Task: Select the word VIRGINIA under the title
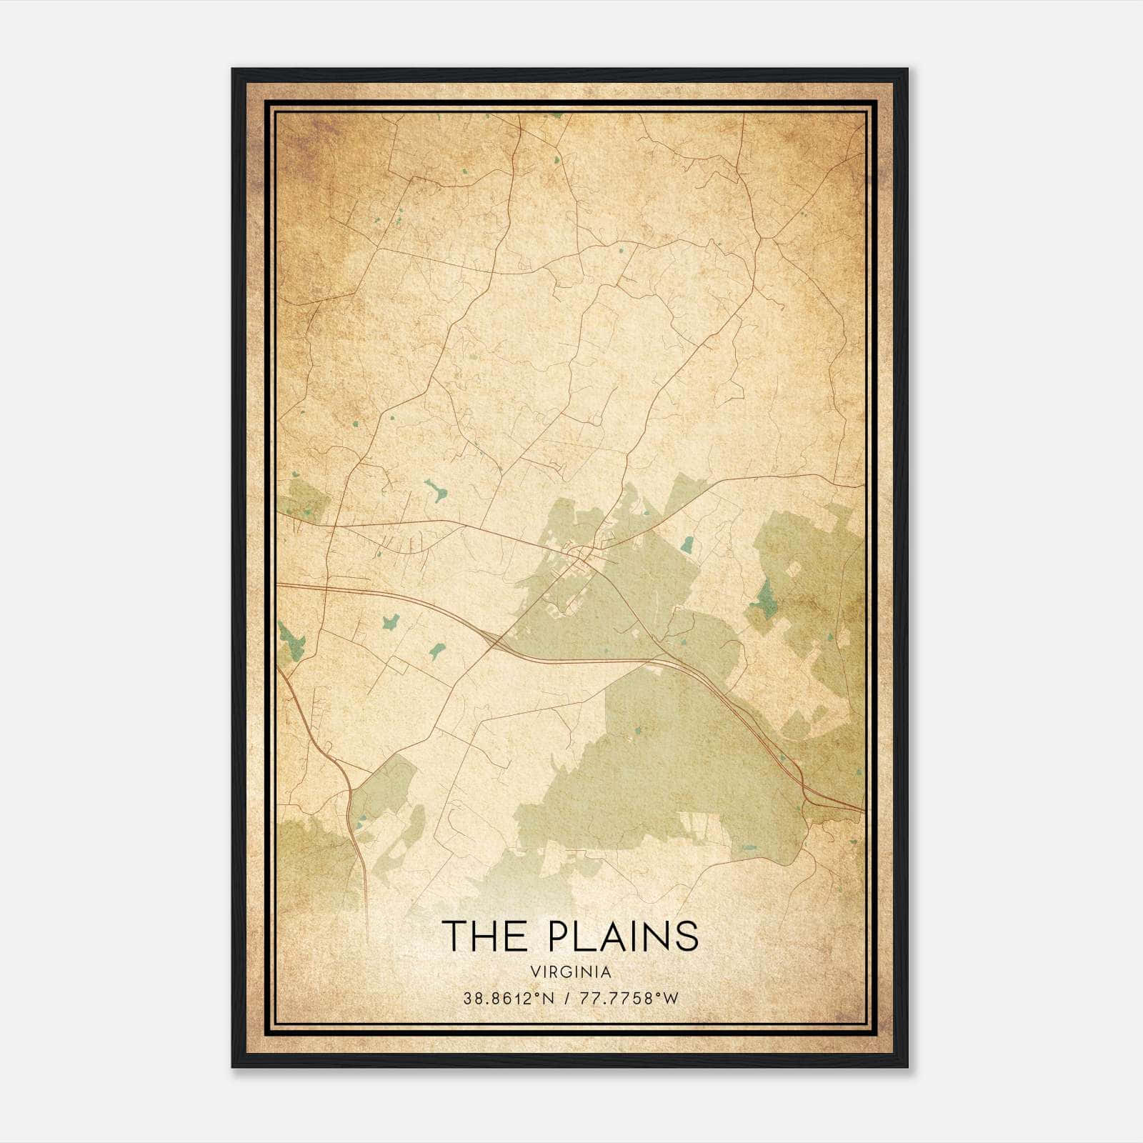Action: click(x=571, y=972)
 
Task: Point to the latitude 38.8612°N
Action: click(x=509, y=999)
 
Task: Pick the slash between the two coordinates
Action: click(x=567, y=999)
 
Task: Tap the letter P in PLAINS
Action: click(x=561, y=936)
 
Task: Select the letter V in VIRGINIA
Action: click(x=534, y=972)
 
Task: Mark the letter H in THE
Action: click(x=486, y=936)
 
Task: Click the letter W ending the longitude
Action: click(x=670, y=999)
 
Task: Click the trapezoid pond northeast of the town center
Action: click(x=687, y=546)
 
